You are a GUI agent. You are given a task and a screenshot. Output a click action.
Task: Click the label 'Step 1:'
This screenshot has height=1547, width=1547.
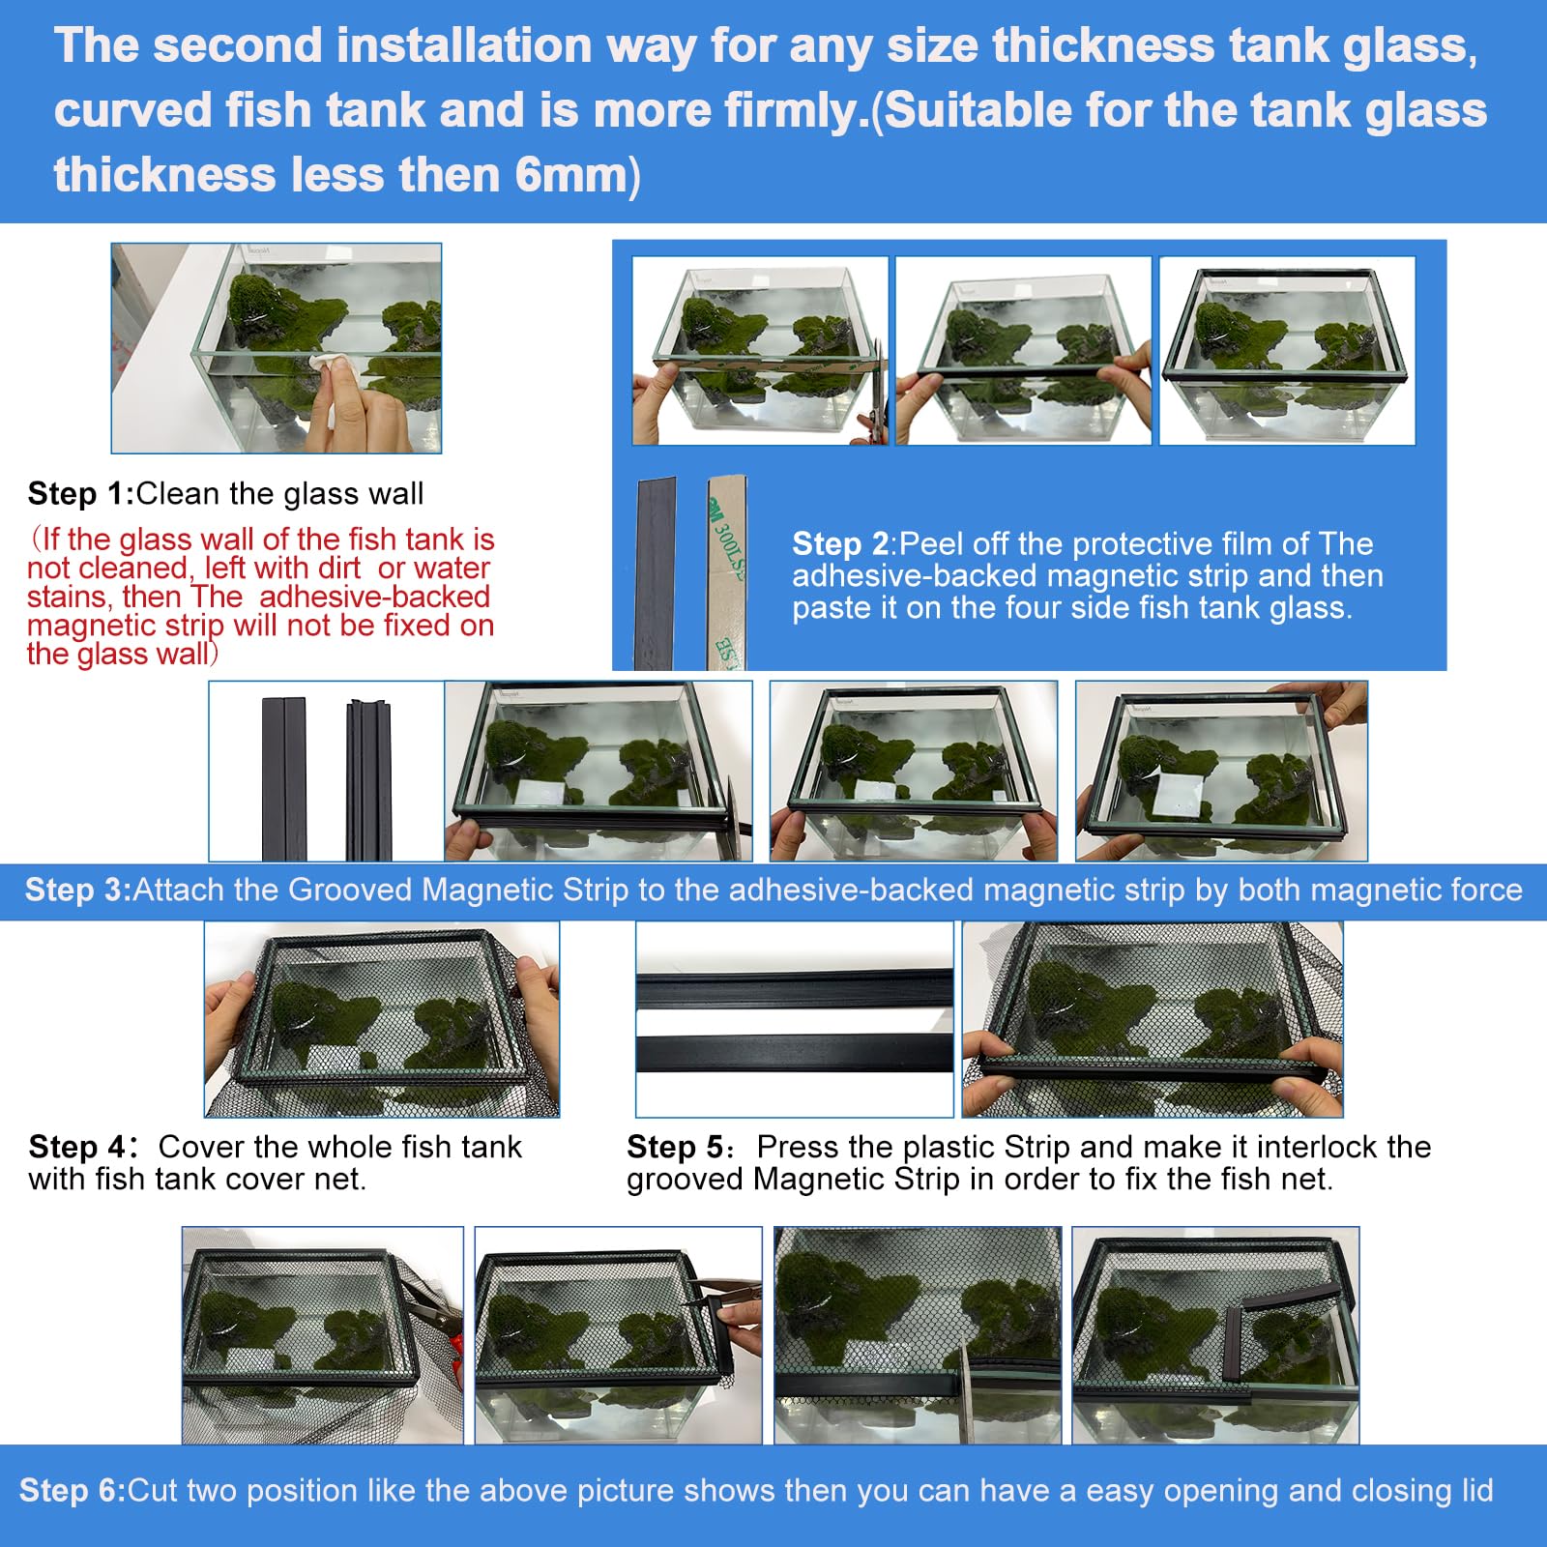click(x=80, y=494)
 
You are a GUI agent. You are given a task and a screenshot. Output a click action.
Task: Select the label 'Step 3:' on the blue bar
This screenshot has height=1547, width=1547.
click(x=77, y=890)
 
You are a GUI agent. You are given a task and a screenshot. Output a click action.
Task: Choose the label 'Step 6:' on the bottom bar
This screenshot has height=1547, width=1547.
click(x=73, y=1490)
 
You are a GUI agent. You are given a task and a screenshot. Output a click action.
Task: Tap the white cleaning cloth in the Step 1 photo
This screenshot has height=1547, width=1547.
click(x=327, y=365)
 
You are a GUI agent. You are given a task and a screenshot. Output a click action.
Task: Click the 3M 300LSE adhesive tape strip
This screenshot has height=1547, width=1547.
click(x=727, y=570)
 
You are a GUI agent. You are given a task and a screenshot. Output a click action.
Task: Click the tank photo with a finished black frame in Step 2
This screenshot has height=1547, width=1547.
click(x=1287, y=351)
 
